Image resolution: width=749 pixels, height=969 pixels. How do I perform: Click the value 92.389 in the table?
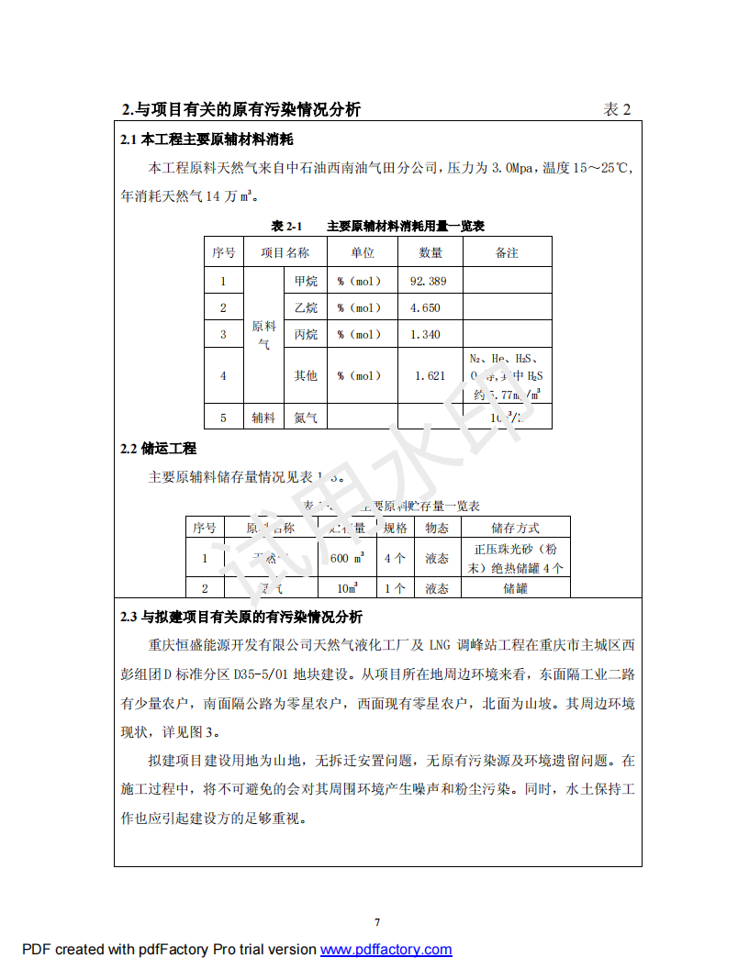tap(428, 281)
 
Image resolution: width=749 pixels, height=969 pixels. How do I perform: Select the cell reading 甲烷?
tap(306, 281)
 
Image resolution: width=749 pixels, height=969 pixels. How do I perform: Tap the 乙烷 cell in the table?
tap(306, 307)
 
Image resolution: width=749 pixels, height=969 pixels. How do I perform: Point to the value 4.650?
tap(425, 307)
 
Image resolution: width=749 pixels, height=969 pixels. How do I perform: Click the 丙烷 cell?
tap(306, 334)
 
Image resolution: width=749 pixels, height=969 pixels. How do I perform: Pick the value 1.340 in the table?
tap(425, 334)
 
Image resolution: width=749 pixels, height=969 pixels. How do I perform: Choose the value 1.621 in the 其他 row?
tap(430, 375)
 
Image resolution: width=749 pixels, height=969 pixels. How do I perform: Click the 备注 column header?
tap(507, 252)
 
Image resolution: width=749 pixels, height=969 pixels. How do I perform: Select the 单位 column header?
tap(363, 252)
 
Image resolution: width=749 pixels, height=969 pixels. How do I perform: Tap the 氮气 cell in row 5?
tap(306, 418)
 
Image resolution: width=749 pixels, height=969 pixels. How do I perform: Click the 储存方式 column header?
tap(515, 528)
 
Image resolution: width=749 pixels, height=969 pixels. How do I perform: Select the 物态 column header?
tap(437, 528)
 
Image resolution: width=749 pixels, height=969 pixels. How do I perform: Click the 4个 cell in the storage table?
tap(395, 558)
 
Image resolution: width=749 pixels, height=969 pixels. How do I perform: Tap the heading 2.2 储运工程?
tap(159, 449)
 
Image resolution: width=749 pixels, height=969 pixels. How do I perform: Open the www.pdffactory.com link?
tap(386, 950)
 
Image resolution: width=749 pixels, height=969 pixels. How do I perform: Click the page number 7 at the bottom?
tap(376, 922)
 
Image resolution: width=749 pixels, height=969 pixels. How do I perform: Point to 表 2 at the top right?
tap(617, 109)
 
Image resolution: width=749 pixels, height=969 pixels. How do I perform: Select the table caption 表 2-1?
tap(286, 226)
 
